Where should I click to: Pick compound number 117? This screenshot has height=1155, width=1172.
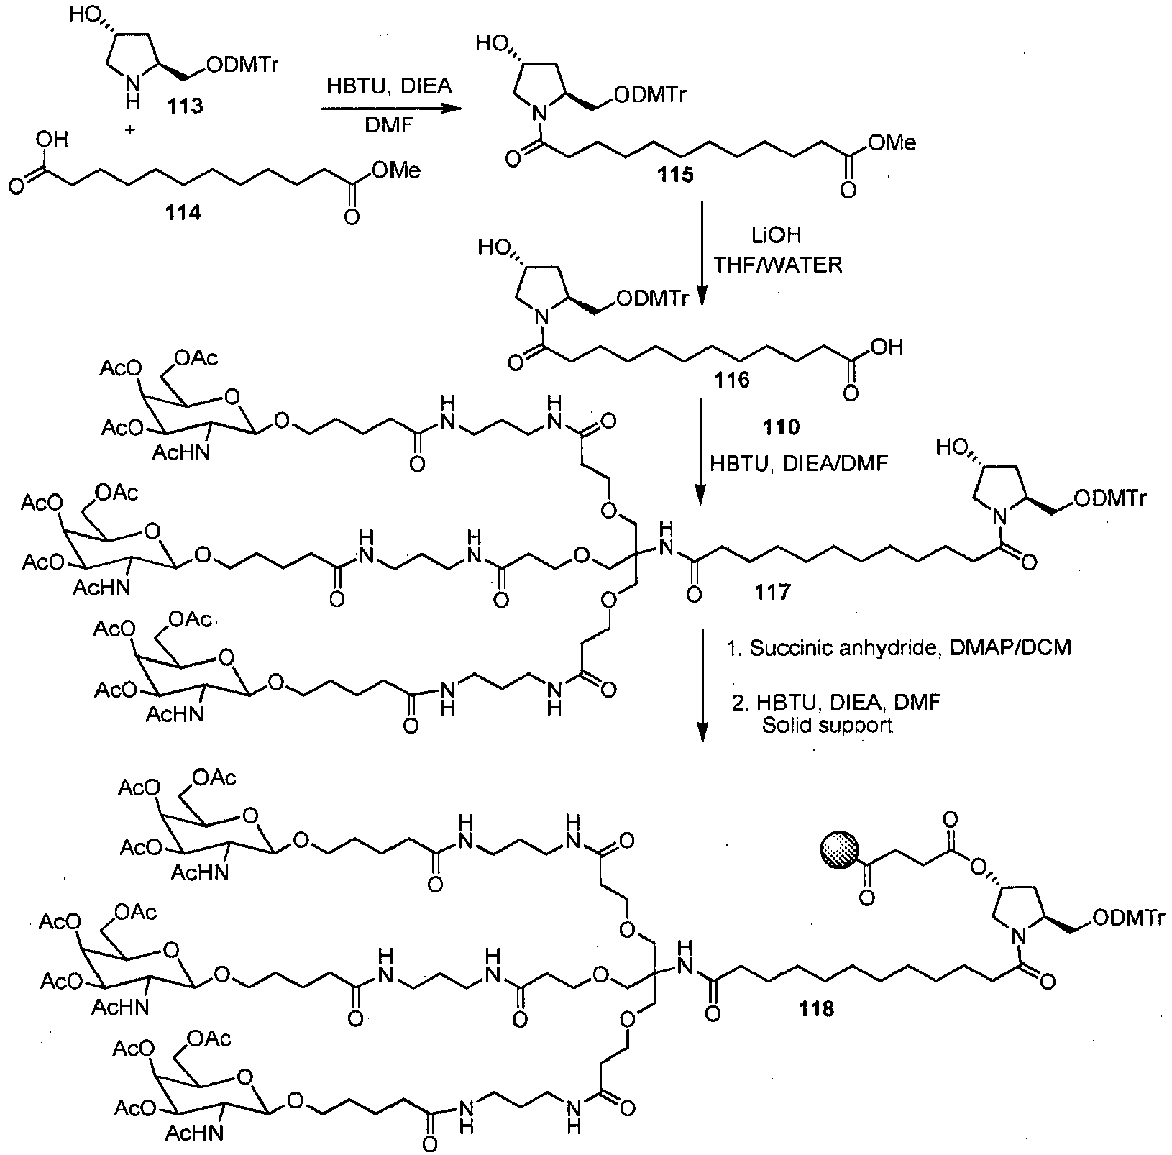click(772, 592)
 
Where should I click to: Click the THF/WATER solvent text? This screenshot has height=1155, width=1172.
click(777, 265)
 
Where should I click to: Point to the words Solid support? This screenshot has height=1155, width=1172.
click(827, 725)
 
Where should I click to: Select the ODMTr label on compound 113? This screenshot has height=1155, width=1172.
click(241, 65)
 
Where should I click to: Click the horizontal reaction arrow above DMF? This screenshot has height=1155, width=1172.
click(390, 109)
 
